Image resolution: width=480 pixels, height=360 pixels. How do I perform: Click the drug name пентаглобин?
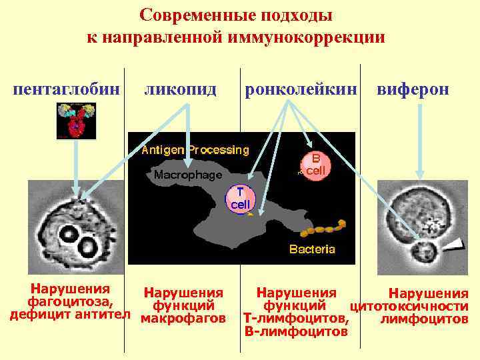[x=67, y=89]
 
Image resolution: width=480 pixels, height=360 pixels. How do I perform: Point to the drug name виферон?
[x=413, y=89]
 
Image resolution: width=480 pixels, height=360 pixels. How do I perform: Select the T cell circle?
[x=239, y=198]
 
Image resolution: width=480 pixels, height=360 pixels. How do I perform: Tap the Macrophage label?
[x=187, y=175]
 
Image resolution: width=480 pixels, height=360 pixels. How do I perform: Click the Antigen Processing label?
[x=195, y=150]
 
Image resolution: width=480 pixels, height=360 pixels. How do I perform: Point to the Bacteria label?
[x=312, y=249]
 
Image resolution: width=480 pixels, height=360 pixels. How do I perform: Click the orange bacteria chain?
[x=323, y=227]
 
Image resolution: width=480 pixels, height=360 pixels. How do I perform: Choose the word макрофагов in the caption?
[x=184, y=319]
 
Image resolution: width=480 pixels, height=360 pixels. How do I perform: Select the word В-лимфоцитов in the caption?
[x=296, y=330]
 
